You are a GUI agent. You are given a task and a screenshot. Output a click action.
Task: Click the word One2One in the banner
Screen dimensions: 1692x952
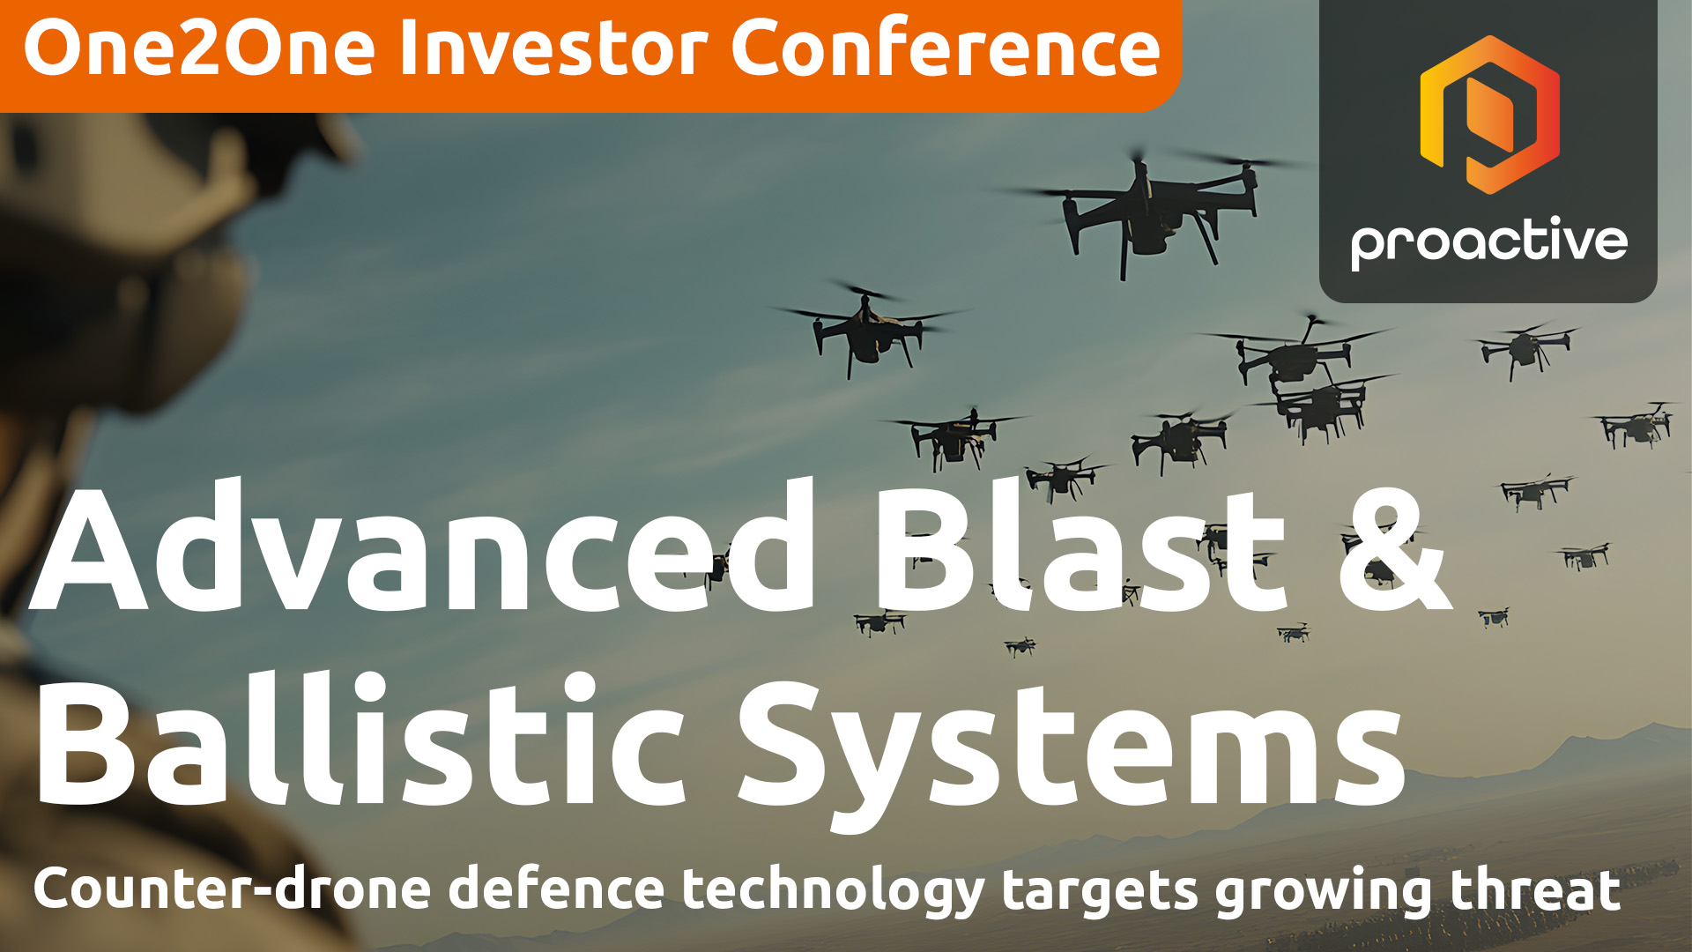point(199,48)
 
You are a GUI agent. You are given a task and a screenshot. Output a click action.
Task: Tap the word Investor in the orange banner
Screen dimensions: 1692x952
point(553,48)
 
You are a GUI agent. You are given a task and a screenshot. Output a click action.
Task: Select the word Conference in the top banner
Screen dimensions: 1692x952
point(946,48)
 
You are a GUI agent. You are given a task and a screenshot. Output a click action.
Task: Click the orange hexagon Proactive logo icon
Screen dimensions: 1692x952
point(1489,115)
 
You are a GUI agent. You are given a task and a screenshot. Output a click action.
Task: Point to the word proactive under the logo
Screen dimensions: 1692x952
point(1488,242)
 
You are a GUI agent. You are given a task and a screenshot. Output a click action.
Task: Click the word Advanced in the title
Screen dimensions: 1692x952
point(423,547)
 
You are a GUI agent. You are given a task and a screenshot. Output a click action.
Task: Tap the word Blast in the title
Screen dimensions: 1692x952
point(1080,547)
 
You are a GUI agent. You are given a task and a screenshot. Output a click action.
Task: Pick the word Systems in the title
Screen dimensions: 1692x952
point(1071,749)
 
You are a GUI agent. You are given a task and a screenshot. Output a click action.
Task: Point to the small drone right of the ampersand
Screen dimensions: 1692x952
point(1495,616)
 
